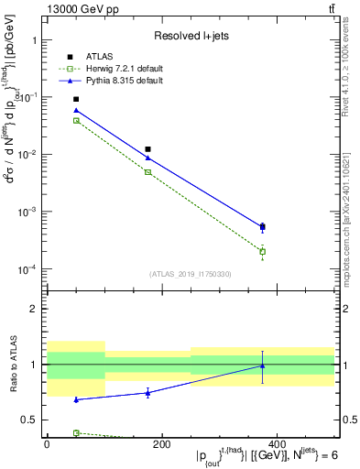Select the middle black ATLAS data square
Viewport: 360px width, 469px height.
coord(147,149)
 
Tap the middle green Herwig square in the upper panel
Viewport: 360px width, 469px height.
coord(147,172)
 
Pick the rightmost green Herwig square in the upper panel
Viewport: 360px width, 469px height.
coord(263,252)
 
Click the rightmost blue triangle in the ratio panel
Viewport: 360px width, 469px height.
coord(263,365)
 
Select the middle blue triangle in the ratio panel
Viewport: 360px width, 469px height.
coord(147,392)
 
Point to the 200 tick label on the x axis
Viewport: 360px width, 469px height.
coord(161,444)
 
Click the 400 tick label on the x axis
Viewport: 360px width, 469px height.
coord(276,444)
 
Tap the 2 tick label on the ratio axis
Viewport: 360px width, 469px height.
coord(34,309)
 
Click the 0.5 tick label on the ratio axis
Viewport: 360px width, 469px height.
coord(29,420)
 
